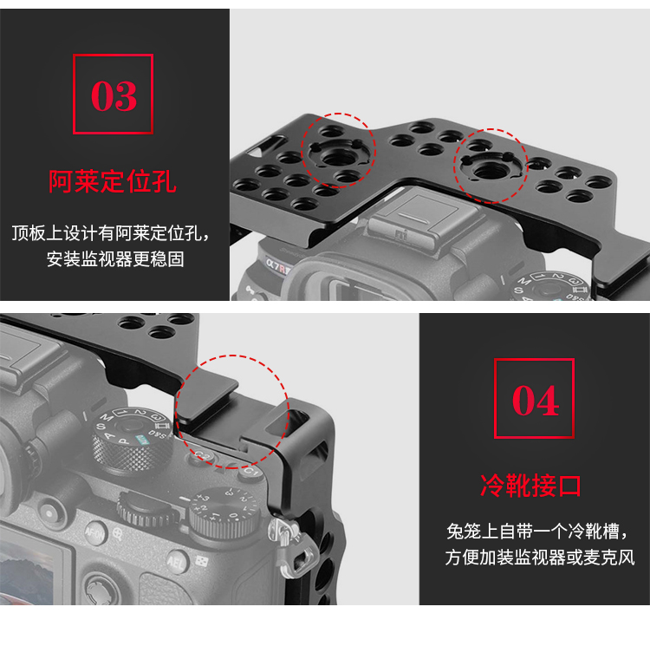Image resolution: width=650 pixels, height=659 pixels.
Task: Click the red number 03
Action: point(114,96)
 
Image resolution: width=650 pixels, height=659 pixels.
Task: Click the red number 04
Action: point(536,401)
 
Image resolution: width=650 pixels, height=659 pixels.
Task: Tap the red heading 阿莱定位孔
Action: point(113,181)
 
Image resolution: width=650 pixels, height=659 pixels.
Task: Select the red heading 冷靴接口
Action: point(530,486)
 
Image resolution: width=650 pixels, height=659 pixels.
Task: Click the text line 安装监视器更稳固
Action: point(115,259)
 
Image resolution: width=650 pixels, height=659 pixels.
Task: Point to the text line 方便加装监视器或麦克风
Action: point(539,558)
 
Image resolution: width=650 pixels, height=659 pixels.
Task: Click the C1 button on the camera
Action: point(250,472)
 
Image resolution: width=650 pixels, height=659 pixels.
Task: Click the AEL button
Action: point(177,562)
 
